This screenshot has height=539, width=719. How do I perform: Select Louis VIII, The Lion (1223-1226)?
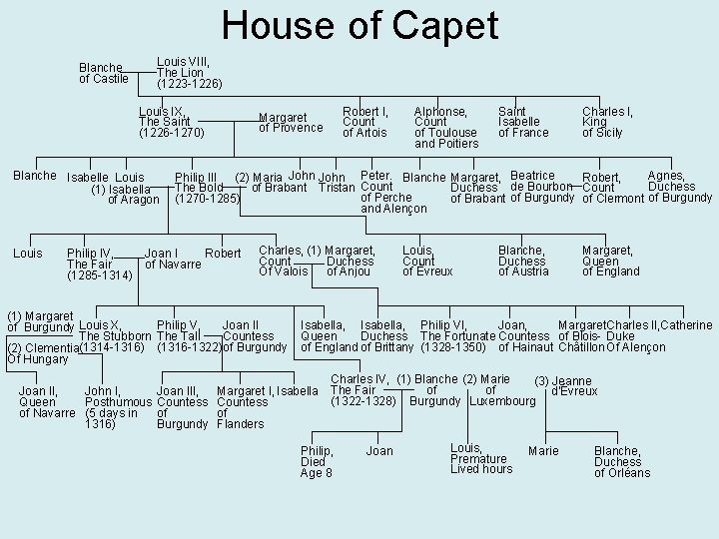pos(190,72)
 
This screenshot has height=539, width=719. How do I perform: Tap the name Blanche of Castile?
pos(104,73)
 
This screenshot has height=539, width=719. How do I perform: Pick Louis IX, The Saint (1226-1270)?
pos(171,121)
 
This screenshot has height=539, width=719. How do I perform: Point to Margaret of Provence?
pos(291,121)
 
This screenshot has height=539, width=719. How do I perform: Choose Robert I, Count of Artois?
pos(365,121)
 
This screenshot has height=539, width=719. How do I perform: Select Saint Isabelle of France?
pos(523,121)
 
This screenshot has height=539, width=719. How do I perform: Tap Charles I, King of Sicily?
pos(607,121)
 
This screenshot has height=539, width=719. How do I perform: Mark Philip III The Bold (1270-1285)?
pos(207,188)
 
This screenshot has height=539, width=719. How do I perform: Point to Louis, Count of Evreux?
pos(426,260)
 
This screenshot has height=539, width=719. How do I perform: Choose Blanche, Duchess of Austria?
pos(523,260)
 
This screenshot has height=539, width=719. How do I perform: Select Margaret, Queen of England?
pos(609,260)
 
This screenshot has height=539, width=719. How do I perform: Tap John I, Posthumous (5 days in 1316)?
pos(111,407)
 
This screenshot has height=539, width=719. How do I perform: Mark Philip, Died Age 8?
pos(317,461)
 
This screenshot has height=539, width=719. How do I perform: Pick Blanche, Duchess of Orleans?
pos(621,461)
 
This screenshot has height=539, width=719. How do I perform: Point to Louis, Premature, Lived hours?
pos(479,458)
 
